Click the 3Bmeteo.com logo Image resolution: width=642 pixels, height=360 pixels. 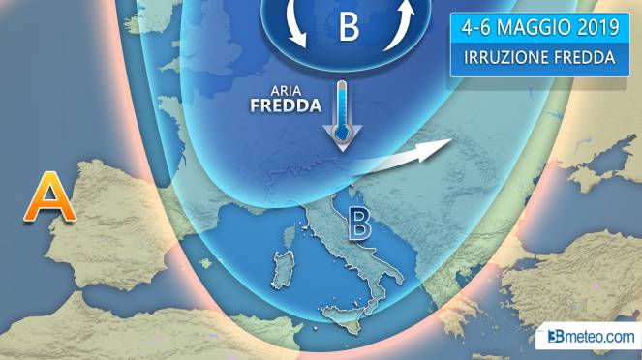click(590, 337)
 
